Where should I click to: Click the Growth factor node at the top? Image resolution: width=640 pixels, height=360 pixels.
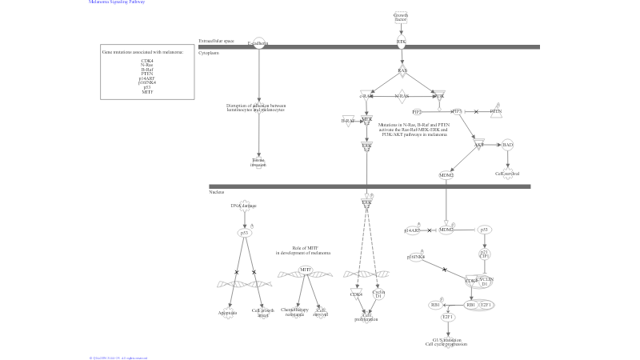[401, 17]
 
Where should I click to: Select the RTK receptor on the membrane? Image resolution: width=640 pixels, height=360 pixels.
[402, 43]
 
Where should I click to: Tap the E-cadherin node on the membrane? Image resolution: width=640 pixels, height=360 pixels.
[258, 43]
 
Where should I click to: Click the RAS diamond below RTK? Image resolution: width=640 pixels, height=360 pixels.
[402, 70]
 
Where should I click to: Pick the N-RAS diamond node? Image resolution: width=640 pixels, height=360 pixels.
[402, 96]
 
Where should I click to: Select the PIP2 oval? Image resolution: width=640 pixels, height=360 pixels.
[417, 112]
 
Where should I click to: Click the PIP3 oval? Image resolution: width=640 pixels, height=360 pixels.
[457, 112]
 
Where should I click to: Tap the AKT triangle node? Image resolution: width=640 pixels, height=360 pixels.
[478, 145]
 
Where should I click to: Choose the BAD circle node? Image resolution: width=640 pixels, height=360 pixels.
[507, 145]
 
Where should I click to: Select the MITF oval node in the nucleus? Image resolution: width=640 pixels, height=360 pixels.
[305, 270]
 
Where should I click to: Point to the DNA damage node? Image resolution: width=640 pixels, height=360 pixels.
[243, 206]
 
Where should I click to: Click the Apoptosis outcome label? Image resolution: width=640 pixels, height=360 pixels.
[228, 313]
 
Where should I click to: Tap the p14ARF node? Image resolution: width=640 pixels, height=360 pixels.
[412, 230]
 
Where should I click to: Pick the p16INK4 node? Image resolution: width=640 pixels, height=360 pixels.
[416, 257]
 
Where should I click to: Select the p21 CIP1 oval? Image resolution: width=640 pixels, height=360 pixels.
[484, 254]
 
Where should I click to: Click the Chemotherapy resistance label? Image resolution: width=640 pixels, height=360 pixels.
[294, 311]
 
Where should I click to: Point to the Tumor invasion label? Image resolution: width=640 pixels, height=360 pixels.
[258, 162]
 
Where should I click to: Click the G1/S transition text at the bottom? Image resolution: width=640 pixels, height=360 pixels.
[446, 342]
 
